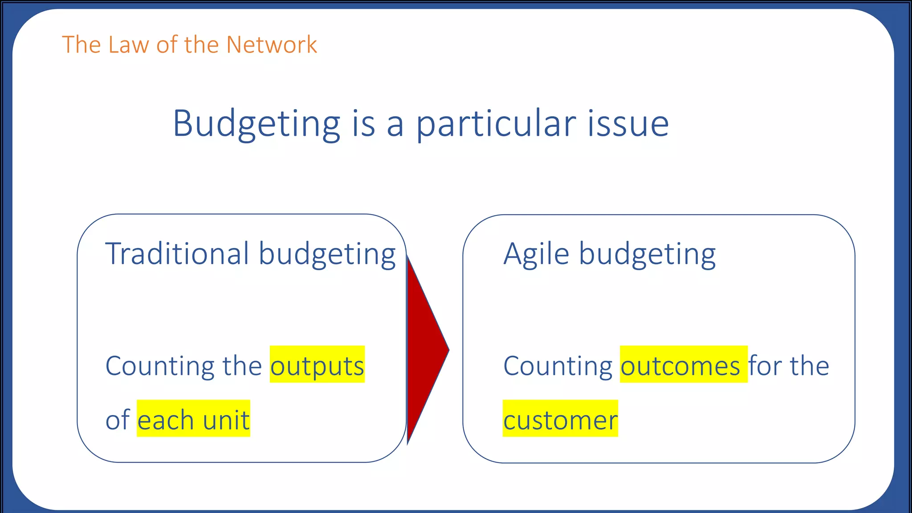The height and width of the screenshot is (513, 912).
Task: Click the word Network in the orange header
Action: (271, 45)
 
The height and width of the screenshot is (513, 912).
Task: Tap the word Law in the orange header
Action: (128, 45)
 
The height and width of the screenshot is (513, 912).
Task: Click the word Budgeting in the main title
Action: (256, 124)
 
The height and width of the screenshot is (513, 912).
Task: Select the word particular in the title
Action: (496, 124)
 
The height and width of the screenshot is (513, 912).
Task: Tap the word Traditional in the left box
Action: (177, 253)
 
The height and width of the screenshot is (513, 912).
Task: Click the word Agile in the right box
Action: (536, 254)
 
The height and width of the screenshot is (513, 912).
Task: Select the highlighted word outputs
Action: (317, 366)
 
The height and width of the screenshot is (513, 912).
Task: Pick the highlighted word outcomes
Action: (680, 366)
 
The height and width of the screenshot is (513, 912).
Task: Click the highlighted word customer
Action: (560, 420)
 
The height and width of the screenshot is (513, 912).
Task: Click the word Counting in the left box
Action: (160, 366)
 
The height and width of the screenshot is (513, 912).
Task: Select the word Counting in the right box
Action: (558, 366)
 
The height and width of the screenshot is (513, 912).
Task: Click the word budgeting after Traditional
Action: (327, 254)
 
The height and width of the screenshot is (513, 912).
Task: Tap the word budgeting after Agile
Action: (647, 254)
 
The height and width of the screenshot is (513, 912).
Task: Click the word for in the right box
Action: (765, 366)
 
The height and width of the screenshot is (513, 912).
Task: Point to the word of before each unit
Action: (118, 420)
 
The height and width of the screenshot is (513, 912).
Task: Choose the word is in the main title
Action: (363, 124)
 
